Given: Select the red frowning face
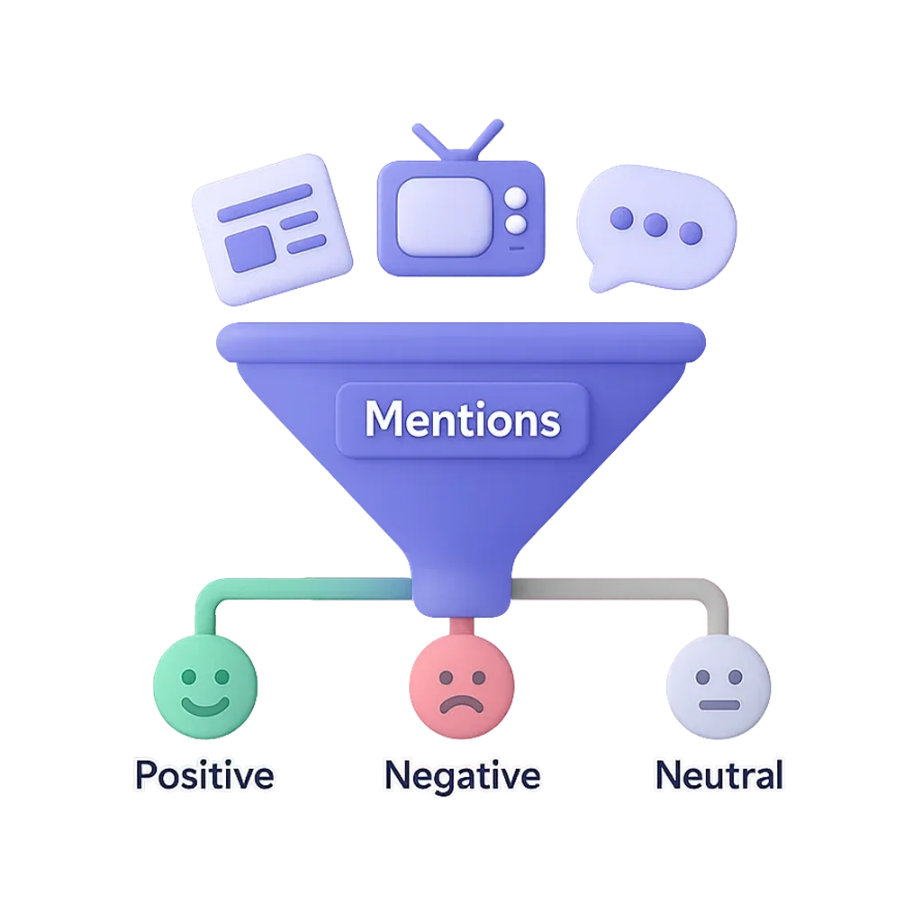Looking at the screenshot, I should (x=461, y=691).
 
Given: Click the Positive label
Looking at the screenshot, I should (x=204, y=775).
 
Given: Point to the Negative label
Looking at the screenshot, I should (x=462, y=776).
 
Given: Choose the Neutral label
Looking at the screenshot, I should (x=719, y=775).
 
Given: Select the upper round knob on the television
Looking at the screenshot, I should (x=515, y=198).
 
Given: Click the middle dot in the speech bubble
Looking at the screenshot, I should (x=656, y=225).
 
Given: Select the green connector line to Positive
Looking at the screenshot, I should (x=270, y=590).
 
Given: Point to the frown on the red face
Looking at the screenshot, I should (x=461, y=703).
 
